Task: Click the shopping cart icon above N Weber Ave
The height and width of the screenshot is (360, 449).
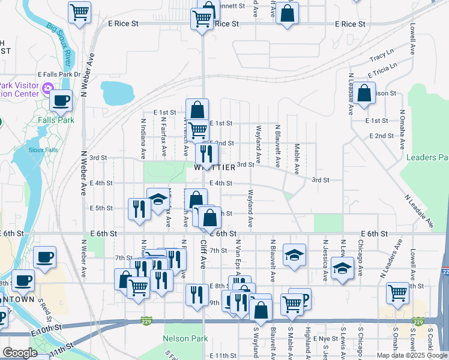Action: [x=79, y=11]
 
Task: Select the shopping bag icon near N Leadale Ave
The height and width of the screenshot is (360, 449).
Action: [x=364, y=93]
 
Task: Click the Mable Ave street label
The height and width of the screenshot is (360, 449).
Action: [x=297, y=158]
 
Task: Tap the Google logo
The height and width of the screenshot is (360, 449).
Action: [x=20, y=353]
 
